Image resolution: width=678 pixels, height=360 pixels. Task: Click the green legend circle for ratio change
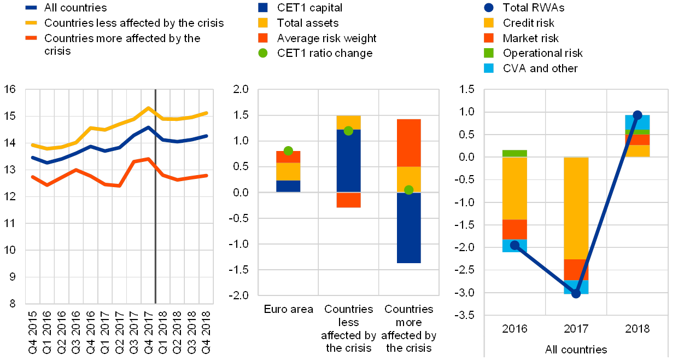tap(263, 53)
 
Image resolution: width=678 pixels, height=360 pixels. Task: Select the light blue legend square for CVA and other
tap(489, 68)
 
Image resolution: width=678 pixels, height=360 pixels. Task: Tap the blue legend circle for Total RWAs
tap(489, 8)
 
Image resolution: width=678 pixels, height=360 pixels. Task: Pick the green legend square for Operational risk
tap(489, 53)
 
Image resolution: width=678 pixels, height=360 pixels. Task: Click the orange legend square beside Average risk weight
tap(263, 38)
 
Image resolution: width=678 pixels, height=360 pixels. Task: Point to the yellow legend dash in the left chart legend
tap(32, 23)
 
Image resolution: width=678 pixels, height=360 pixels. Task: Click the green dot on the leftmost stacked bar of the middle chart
tap(288, 150)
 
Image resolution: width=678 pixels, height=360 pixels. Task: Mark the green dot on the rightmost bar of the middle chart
tap(408, 190)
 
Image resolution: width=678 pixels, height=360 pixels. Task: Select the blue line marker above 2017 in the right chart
tap(576, 294)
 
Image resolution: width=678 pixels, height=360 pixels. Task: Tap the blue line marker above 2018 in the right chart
tap(637, 115)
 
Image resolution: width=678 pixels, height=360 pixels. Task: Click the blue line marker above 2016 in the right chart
tap(515, 245)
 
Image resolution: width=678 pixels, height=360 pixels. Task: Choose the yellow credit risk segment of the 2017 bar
tap(576, 208)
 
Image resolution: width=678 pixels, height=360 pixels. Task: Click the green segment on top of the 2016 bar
tap(515, 153)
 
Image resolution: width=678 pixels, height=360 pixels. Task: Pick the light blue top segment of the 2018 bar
tap(637, 122)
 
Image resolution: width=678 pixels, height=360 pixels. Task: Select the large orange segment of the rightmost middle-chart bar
tap(408, 142)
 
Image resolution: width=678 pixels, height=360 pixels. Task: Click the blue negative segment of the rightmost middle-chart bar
tap(408, 227)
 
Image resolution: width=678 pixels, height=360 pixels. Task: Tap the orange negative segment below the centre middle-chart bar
tap(348, 200)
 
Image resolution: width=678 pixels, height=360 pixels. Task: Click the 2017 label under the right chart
tap(576, 329)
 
